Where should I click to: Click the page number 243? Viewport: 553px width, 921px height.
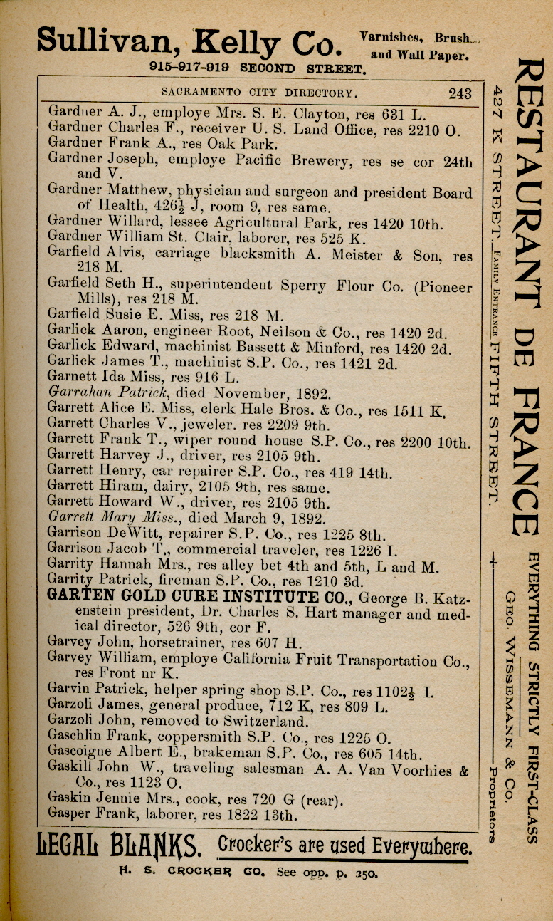coord(460,93)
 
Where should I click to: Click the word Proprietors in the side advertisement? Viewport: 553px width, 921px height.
coord(492,804)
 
